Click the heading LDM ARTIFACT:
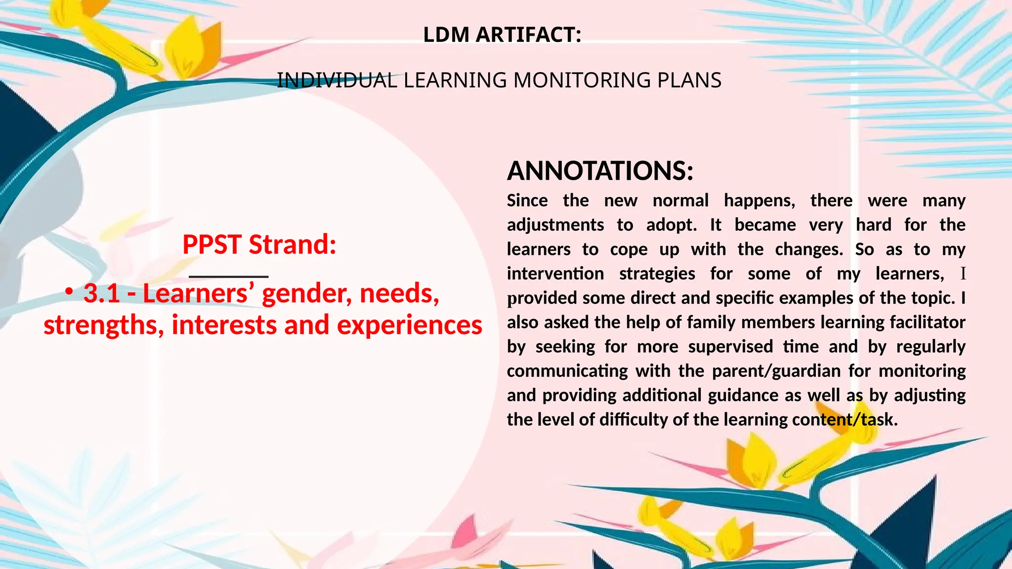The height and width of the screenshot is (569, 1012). [502, 35]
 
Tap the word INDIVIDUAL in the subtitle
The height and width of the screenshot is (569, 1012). [337, 81]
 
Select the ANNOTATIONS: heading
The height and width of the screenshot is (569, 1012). [600, 171]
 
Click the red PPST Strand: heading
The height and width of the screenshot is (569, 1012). [259, 244]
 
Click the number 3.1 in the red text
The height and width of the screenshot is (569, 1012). [102, 293]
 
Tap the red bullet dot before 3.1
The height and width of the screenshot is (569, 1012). [70, 293]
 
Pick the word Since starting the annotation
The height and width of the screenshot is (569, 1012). [527, 201]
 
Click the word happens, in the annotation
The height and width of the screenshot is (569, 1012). [759, 201]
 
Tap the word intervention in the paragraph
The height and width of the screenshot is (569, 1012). [555, 274]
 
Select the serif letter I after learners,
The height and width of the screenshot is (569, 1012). [963, 274]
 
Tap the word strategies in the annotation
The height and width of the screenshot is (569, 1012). [657, 274]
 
